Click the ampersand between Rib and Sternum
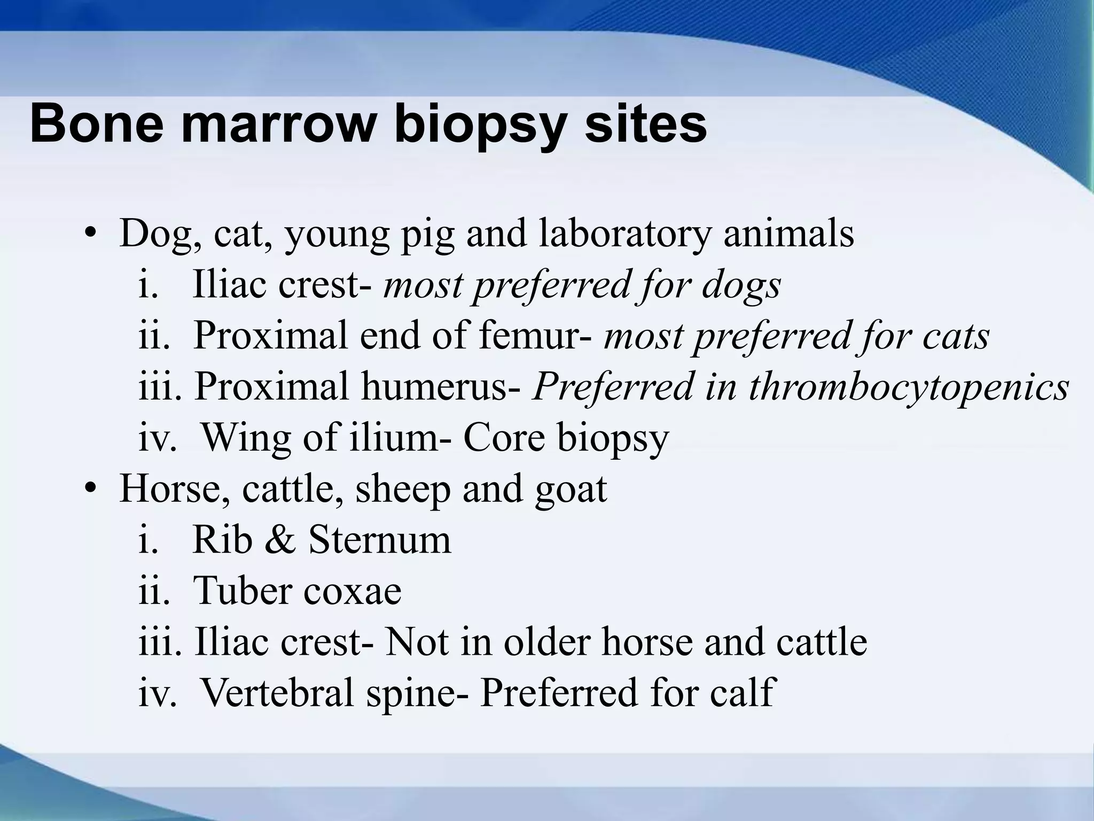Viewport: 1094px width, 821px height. [279, 540]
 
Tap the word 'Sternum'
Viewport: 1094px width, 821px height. [380, 540]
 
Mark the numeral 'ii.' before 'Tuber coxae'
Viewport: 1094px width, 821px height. [154, 591]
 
